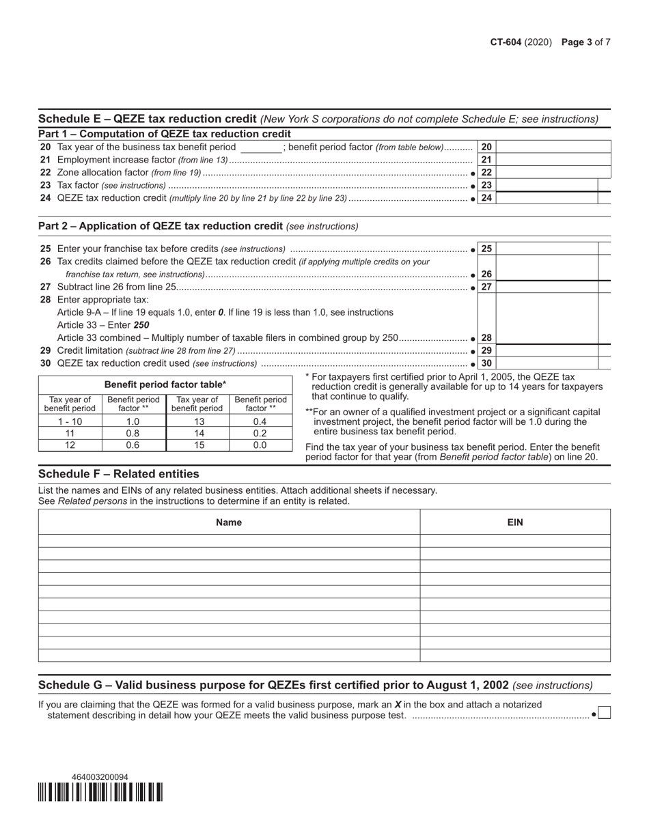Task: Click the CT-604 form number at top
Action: point(506,42)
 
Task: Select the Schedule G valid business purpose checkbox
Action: point(604,714)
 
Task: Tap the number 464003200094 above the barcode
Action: point(100,777)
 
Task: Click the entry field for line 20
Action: point(553,147)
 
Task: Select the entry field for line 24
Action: point(547,198)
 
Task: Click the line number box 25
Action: point(486,249)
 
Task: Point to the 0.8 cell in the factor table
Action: point(133,433)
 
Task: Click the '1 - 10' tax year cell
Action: point(70,421)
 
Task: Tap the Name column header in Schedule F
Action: point(229,522)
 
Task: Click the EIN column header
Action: point(515,522)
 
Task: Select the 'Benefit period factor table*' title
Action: point(165,384)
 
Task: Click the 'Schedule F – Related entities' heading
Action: point(119,474)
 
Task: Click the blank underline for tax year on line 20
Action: point(261,148)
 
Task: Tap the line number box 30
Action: point(486,363)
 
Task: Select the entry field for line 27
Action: point(547,287)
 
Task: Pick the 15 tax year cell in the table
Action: point(197,445)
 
